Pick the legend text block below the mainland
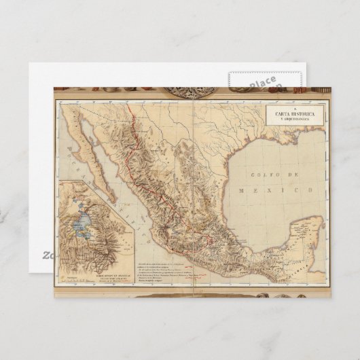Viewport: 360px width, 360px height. click(x=170, y=270)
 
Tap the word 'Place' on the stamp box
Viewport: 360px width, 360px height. click(x=262, y=84)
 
